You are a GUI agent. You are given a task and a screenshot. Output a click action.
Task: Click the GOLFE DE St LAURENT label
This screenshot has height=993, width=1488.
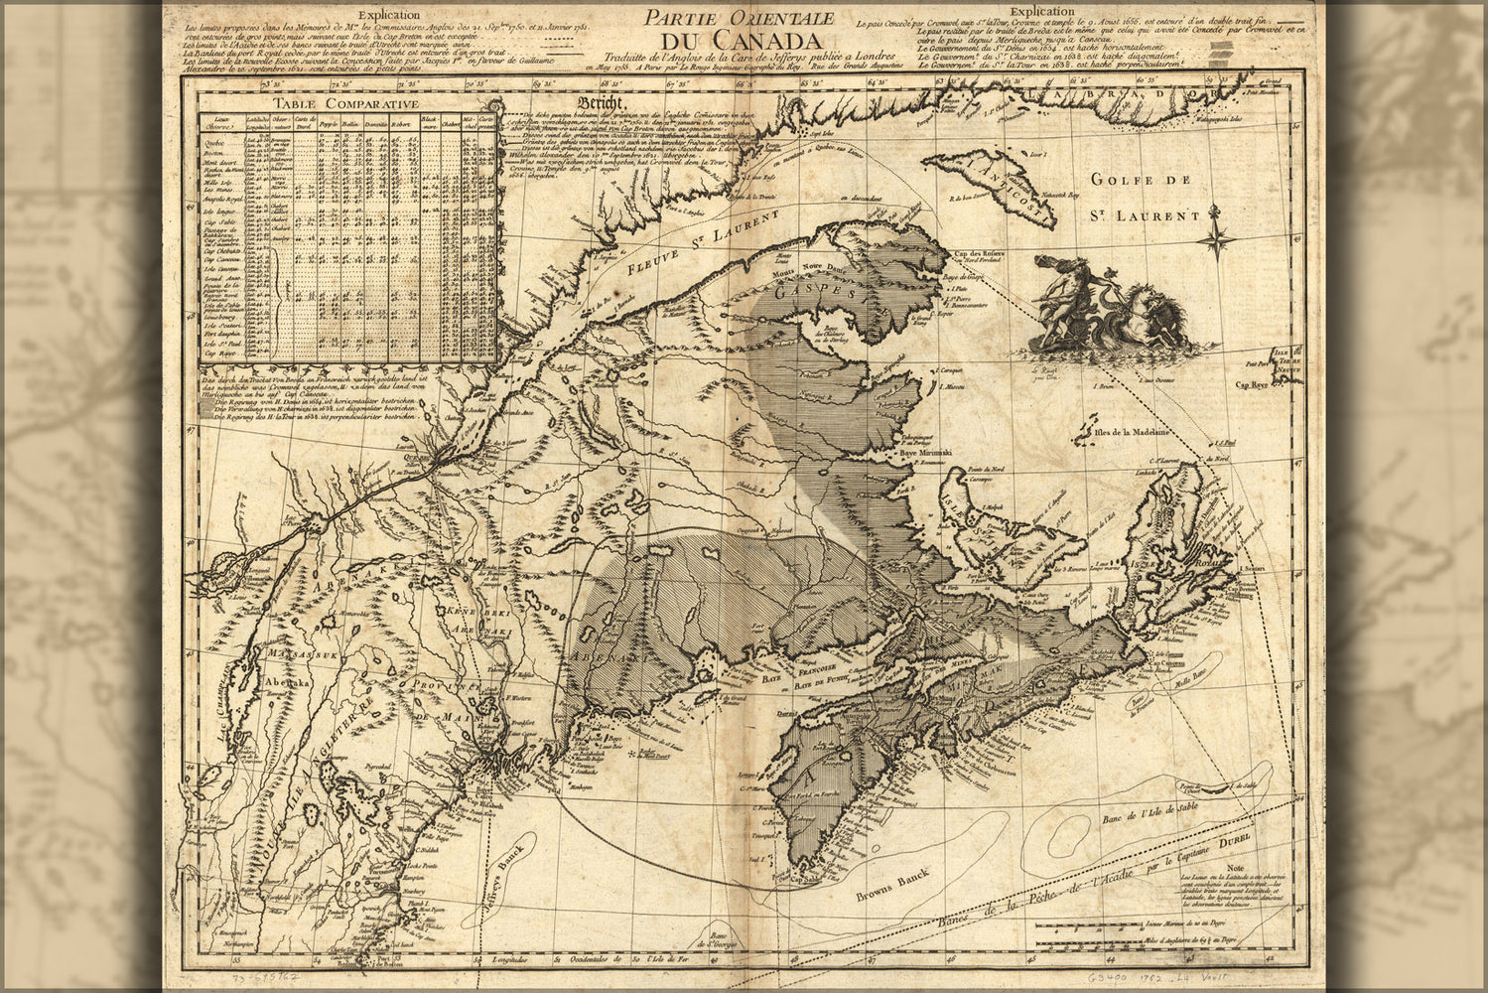pos(1145,196)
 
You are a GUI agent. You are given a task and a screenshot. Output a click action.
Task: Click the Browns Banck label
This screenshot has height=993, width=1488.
pos(898,892)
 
